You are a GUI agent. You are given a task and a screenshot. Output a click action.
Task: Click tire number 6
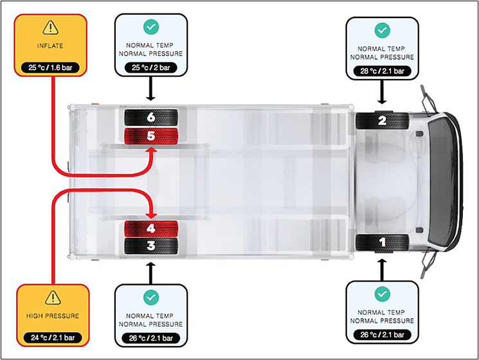click(151, 117)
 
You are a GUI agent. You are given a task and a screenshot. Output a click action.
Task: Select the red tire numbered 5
click(151, 136)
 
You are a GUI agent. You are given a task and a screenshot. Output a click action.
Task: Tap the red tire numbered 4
click(151, 229)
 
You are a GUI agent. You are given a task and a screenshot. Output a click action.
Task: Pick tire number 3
click(151, 246)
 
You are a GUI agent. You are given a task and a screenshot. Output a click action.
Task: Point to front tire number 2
click(382, 121)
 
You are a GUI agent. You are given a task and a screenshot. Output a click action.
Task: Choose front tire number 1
click(382, 243)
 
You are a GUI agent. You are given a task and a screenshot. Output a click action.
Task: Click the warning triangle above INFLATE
click(50, 27)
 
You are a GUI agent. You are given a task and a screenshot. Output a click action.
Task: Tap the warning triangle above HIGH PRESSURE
click(53, 298)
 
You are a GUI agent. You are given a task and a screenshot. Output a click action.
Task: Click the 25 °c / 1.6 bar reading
click(50, 67)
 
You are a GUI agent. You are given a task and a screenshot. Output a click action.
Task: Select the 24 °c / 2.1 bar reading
click(53, 337)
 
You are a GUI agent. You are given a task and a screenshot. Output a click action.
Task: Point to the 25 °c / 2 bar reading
click(151, 67)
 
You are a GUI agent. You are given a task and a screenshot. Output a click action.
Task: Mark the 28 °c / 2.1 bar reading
click(382, 71)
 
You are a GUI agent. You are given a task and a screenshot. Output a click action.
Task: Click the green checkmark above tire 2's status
click(382, 30)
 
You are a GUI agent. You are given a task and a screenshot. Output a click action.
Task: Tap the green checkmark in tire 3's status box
click(151, 298)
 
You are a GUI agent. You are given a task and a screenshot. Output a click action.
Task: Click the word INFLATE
click(50, 46)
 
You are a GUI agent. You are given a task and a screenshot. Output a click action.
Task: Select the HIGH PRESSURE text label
click(53, 316)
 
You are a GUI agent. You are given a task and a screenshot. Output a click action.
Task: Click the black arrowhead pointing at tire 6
click(150, 98)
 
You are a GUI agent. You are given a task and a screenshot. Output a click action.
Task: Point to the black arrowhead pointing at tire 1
click(382, 262)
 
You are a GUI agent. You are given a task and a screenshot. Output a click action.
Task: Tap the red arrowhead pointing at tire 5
click(151, 149)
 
